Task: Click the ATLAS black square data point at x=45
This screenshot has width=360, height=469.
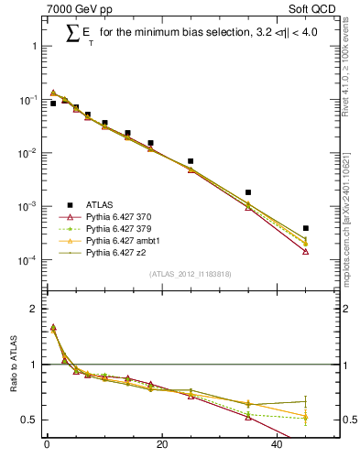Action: pos(306,228)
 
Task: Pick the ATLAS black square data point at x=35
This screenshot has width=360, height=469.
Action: pos(248,192)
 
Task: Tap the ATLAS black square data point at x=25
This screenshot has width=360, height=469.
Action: pos(191,161)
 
